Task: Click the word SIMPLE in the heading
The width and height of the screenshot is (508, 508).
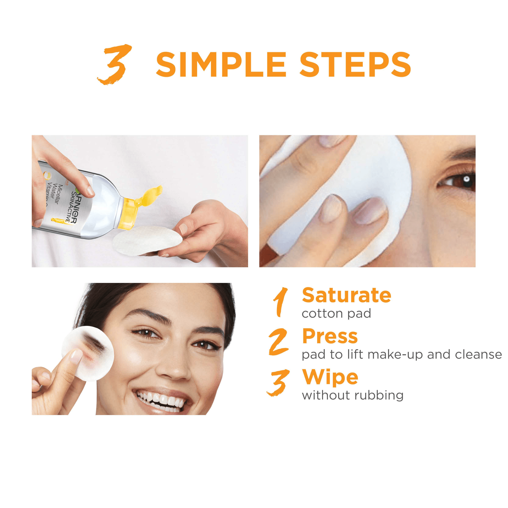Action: click(221, 65)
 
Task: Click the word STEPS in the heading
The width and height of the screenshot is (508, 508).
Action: click(355, 65)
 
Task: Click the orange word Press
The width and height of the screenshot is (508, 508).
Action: click(330, 337)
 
